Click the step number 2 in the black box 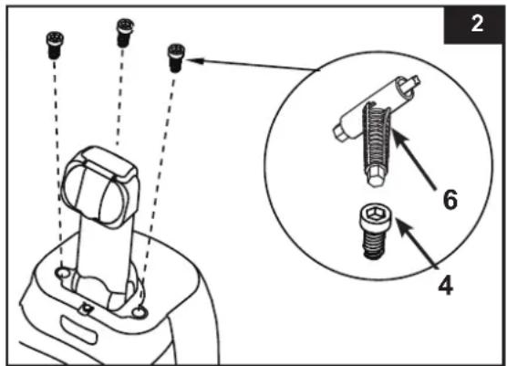point(477,24)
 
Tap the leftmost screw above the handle point(55,45)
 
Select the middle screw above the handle point(125,33)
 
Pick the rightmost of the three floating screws point(176,58)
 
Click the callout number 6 point(450,199)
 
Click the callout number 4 point(445,285)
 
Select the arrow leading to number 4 point(417,244)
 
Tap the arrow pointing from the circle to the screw point(253,65)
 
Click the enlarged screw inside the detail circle point(375,231)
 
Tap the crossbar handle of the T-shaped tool point(377,109)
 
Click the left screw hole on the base point(62,273)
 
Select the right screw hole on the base point(140,312)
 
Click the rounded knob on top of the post point(100,187)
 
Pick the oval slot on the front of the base point(78,329)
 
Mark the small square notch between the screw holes point(86,308)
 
